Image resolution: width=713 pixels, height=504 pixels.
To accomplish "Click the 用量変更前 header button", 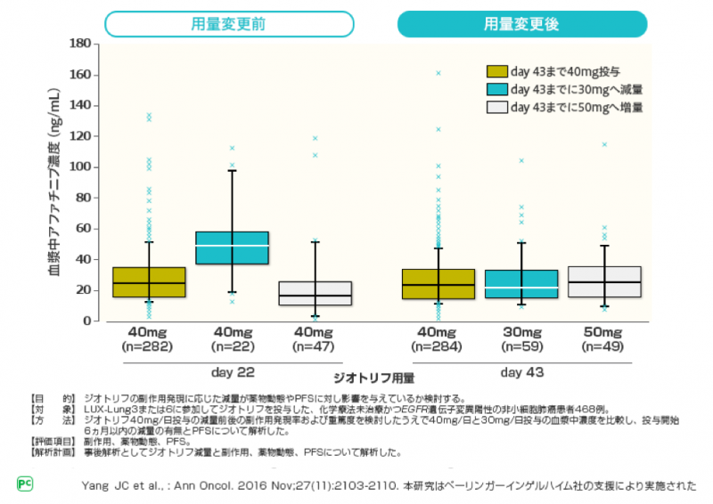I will (234, 24).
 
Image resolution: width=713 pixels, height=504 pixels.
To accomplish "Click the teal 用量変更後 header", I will (521, 24).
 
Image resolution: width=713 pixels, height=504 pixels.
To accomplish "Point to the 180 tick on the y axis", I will (81, 43).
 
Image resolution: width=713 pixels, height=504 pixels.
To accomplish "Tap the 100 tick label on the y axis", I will (81, 167).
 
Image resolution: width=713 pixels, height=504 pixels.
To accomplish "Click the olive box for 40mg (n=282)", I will (149, 282).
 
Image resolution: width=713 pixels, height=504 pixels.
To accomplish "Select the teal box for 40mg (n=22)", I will (232, 248).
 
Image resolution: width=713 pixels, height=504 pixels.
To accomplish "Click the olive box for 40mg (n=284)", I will (438, 284).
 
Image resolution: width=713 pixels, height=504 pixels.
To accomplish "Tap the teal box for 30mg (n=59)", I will (521, 284).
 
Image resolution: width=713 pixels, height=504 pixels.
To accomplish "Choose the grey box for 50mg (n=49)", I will (604, 282).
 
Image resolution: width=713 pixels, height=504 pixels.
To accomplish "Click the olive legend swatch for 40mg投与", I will (496, 71).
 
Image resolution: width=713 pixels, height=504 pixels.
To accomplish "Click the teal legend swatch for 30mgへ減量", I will (496, 89).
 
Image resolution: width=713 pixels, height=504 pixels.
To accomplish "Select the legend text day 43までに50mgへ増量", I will (577, 107).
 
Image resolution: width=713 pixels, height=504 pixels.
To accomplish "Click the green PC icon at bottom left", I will (25, 484).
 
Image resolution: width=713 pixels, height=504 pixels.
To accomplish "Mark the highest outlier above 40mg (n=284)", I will (438, 73).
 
